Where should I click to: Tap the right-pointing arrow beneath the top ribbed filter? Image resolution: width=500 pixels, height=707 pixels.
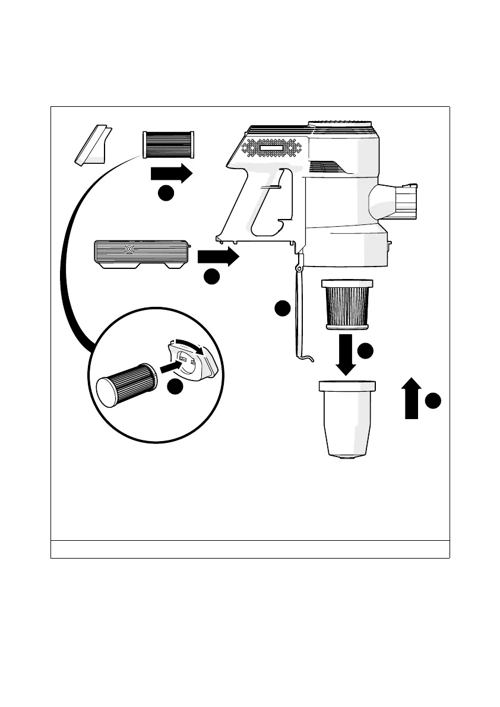click(172, 174)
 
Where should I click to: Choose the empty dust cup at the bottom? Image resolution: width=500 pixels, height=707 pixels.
click(347, 419)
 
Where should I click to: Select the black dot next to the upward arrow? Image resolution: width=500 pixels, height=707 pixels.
click(433, 401)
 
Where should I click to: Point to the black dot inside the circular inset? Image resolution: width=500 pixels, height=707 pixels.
click(175, 387)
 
